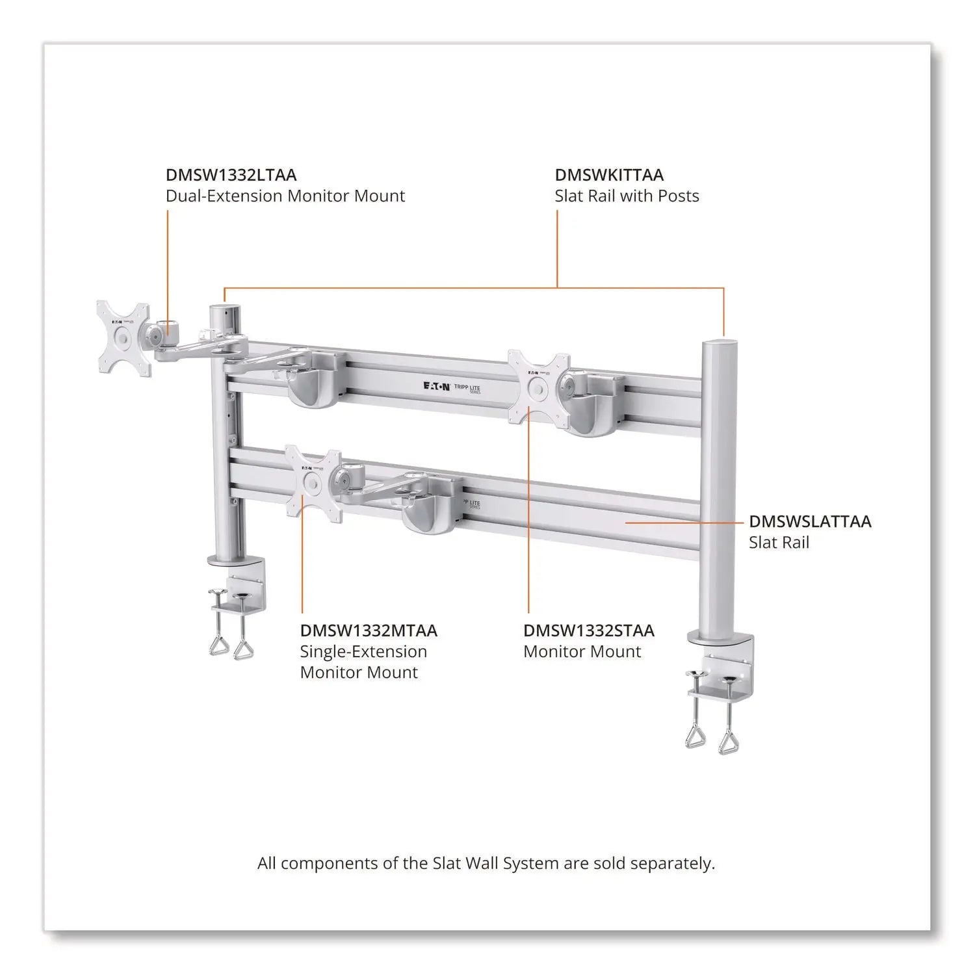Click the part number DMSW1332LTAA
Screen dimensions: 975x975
[231, 175]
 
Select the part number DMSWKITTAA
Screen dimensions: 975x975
[608, 175]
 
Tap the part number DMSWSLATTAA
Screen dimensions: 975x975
[809, 521]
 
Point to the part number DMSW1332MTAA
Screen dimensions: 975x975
[368, 630]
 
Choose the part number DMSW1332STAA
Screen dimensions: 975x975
[588, 630]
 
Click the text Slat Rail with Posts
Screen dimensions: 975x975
[627, 196]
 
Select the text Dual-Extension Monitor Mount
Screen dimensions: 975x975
[285, 196]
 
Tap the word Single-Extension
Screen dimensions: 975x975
[363, 652]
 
